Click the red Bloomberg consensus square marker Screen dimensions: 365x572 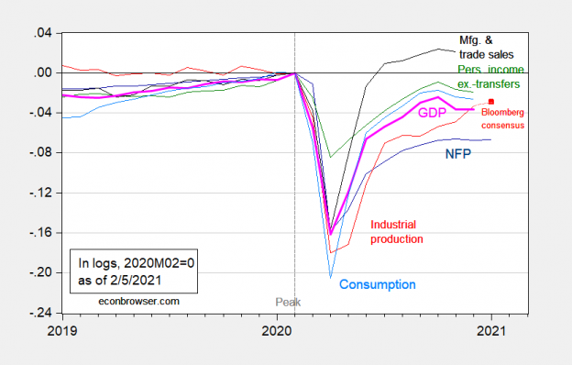(x=491, y=102)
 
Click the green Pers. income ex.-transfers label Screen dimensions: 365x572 (x=488, y=76)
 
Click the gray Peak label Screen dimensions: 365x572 (x=289, y=301)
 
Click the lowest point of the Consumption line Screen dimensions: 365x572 (x=330, y=277)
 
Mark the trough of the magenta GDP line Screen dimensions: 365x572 (x=330, y=233)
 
